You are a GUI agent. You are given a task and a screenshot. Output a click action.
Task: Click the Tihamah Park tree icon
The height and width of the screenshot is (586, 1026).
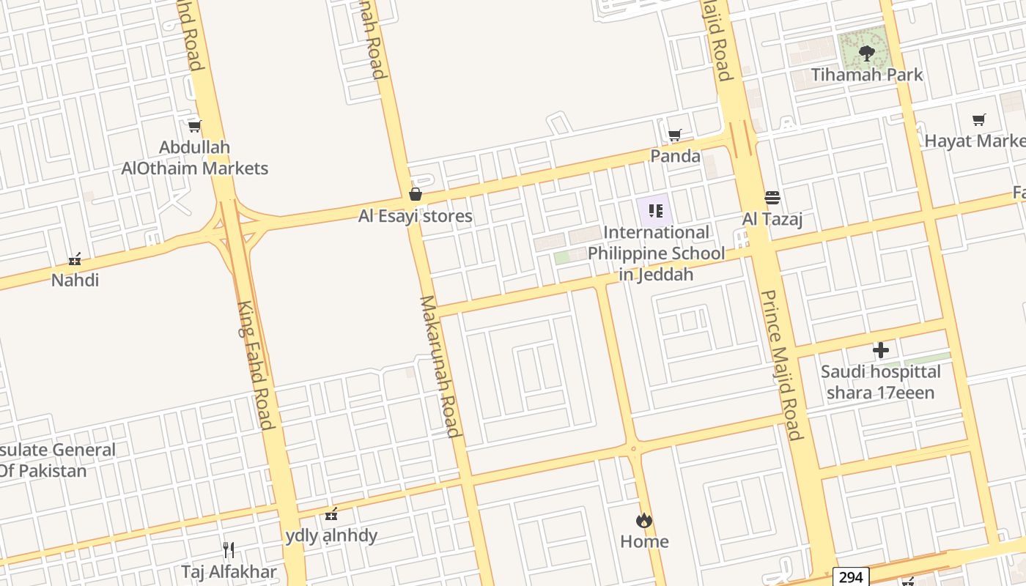click(x=866, y=53)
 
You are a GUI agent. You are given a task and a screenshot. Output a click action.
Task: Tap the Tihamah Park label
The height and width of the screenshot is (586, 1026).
click(x=866, y=75)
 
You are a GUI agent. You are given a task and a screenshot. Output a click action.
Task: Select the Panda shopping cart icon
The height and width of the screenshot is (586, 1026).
click(x=675, y=135)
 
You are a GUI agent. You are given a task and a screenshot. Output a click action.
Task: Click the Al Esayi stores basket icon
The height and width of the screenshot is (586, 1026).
click(x=416, y=194)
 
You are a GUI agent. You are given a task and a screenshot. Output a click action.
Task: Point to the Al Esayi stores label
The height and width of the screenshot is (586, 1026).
click(x=416, y=216)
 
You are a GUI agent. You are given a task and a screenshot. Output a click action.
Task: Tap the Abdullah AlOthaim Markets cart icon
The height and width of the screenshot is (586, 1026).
click(x=194, y=126)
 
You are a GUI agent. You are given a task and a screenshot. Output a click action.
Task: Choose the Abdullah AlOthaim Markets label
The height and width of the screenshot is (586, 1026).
click(x=195, y=157)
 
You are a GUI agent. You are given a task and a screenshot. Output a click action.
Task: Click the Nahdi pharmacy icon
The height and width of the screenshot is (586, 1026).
click(x=74, y=259)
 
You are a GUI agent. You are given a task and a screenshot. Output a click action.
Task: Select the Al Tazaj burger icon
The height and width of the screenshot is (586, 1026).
click(x=772, y=197)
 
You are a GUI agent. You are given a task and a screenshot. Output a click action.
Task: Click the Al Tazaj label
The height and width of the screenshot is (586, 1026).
click(x=772, y=219)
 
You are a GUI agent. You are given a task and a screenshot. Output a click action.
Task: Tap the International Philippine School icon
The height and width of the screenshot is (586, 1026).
click(x=656, y=212)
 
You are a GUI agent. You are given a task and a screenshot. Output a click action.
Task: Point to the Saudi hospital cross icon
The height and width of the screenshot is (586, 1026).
click(x=880, y=350)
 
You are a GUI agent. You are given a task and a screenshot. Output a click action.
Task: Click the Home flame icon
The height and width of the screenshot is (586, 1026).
click(x=644, y=520)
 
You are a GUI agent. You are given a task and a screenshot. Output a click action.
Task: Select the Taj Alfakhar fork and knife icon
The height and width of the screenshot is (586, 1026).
click(x=229, y=549)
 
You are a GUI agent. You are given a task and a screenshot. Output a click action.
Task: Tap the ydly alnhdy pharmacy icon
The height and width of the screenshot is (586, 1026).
click(x=331, y=513)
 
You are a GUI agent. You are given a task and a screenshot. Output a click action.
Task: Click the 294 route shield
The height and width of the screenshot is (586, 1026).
click(x=851, y=577)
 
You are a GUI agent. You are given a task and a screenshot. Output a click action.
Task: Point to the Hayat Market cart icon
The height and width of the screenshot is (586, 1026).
click(x=978, y=119)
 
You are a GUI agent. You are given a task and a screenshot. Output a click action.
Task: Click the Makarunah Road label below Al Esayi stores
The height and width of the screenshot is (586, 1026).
click(x=439, y=366)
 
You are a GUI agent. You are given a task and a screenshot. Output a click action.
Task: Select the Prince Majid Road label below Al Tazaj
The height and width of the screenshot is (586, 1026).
click(x=781, y=365)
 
